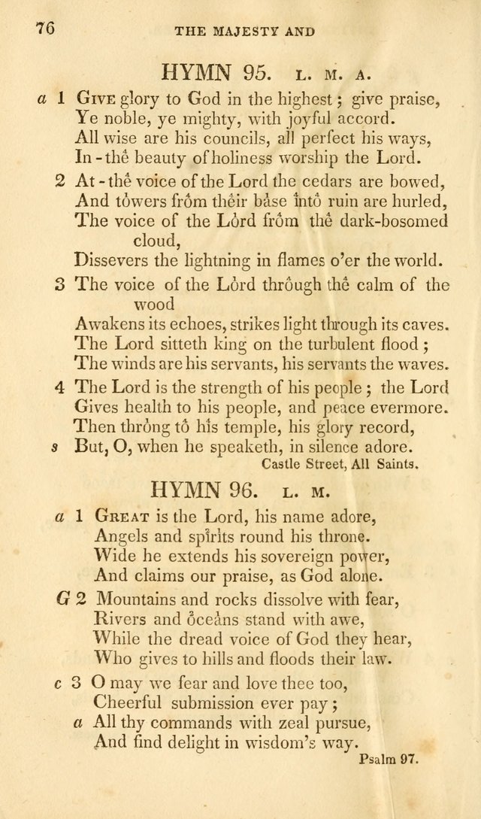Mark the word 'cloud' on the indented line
pyautogui.click(x=153, y=240)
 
